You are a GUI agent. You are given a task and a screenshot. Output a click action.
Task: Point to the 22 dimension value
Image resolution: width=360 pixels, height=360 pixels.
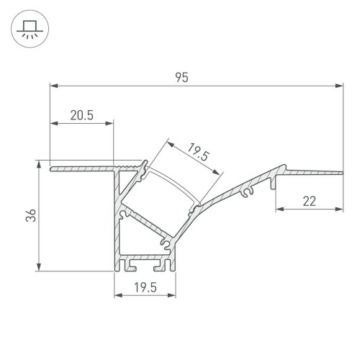point(310,202)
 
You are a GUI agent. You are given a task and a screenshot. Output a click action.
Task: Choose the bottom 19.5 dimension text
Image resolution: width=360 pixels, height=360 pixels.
point(146,288)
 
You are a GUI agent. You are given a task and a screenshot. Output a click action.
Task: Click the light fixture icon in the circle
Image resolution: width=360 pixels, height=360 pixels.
point(28,29)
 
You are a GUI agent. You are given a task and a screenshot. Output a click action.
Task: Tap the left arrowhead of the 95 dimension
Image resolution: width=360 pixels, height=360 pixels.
point(53,86)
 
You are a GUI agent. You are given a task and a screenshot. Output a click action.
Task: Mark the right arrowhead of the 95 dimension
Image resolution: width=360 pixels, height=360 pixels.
point(339,86)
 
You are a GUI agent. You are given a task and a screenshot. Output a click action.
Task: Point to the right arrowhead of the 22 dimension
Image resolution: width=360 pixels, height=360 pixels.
point(339,210)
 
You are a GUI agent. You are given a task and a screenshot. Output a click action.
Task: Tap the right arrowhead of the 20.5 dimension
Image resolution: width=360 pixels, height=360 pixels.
point(111,122)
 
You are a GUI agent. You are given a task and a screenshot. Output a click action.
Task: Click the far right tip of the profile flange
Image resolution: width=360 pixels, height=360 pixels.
point(341,171)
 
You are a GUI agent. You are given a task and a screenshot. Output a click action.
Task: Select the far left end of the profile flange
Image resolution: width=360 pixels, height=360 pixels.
point(51,170)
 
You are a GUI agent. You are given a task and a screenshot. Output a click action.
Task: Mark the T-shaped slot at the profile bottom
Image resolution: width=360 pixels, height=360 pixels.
point(132,265)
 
